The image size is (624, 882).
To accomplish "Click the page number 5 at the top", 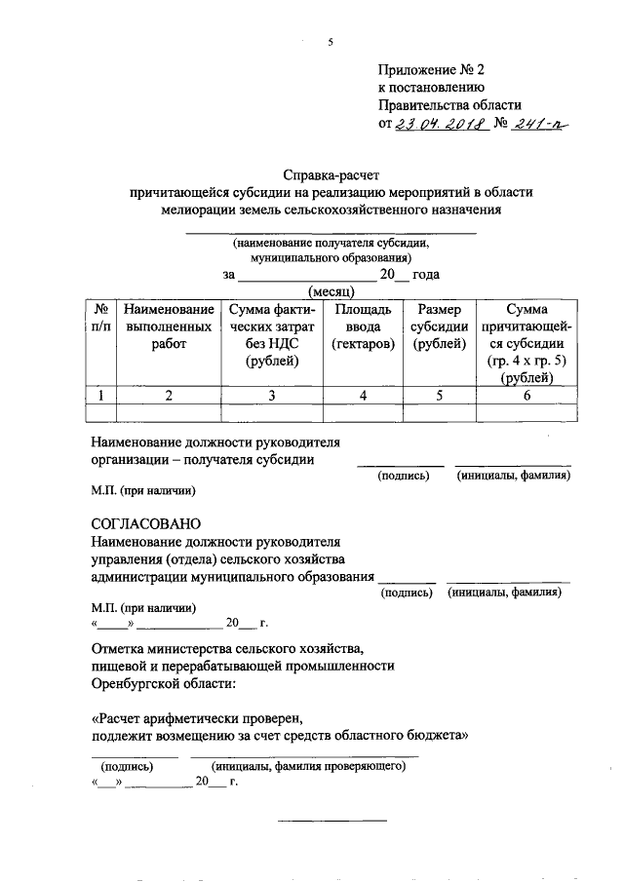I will pos(331,42).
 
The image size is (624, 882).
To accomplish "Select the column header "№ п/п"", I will pos(100,318).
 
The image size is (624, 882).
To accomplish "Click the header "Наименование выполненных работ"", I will pos(168,326).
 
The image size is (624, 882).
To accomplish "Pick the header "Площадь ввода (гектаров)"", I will pos(363,326).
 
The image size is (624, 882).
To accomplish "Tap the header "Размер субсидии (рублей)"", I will pos(439,326).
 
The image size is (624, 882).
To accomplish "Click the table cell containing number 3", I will pos(271,395).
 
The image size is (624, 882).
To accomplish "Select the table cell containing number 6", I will pos(526,395).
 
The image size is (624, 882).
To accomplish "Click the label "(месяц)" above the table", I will pos(332,290).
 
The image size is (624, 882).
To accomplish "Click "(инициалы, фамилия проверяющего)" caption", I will pos(308,766).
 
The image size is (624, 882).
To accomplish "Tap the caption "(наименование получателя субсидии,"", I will pos(331,244).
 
